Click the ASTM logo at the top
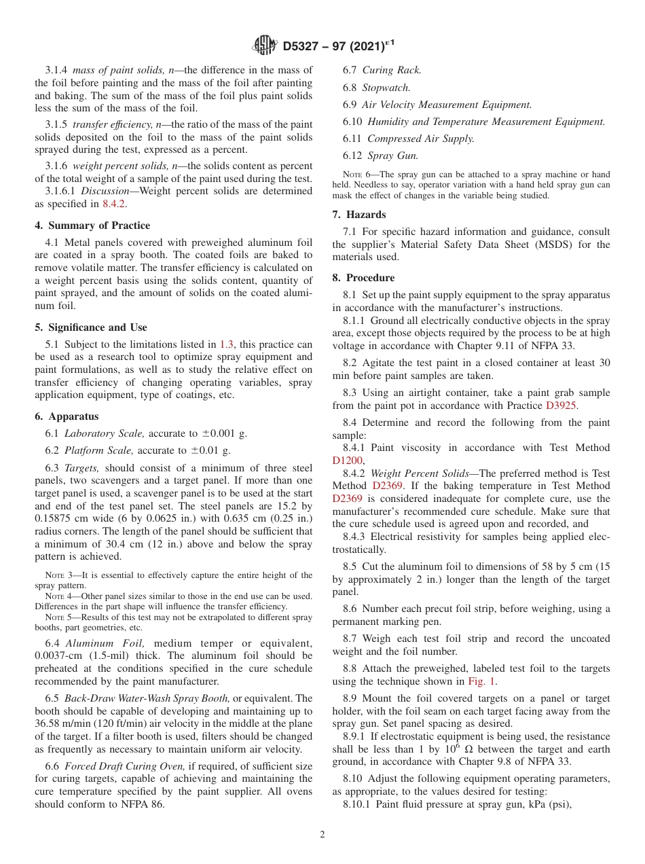263,46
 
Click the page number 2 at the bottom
322,835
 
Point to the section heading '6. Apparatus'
67,416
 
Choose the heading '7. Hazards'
359,215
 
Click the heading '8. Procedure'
363,278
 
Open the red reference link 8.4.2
114,203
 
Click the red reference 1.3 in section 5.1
227,345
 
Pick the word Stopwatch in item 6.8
386,88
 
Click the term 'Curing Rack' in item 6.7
392,70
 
